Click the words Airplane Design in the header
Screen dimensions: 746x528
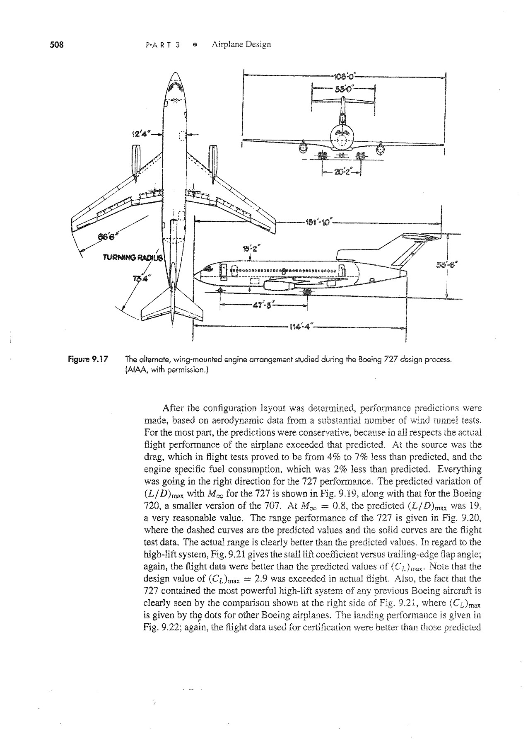click(x=241, y=44)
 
